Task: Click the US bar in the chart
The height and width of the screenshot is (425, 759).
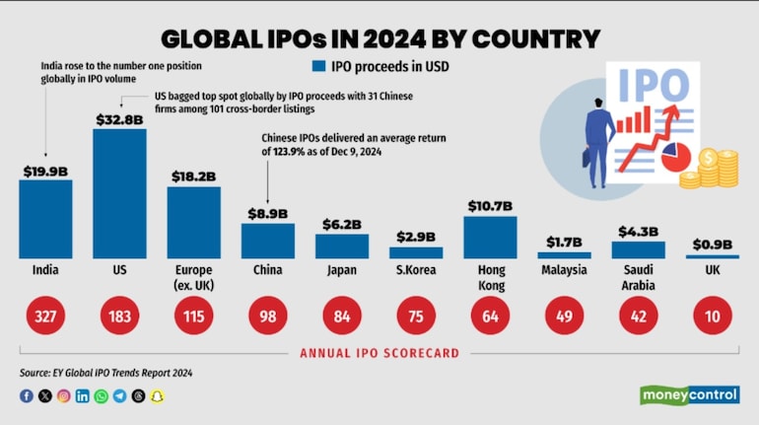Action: pyautogui.click(x=119, y=193)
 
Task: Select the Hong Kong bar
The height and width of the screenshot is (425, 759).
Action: pyautogui.click(x=490, y=237)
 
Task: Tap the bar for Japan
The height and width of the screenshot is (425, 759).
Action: pyautogui.click(x=342, y=246)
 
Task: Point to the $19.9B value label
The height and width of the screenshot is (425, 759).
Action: pyautogui.click(x=45, y=171)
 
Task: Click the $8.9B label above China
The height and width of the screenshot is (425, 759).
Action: pyautogui.click(x=267, y=213)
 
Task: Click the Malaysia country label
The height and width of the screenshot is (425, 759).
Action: pyautogui.click(x=564, y=269)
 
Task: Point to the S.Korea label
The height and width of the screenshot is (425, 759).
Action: pyautogui.click(x=415, y=269)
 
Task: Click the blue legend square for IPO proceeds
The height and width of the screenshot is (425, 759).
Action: pyautogui.click(x=318, y=67)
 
